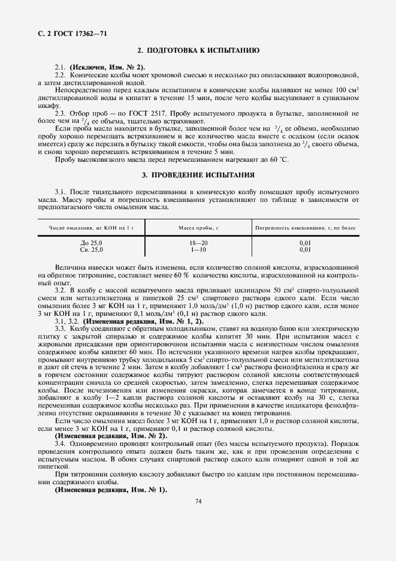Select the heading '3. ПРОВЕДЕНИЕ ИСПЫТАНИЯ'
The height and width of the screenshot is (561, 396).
(x=198, y=175)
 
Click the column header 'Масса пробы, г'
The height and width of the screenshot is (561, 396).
(x=198, y=228)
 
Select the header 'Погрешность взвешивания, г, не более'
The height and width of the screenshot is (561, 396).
(x=306, y=228)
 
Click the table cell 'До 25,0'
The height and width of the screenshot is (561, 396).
(x=91, y=242)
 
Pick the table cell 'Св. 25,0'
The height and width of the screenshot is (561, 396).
(x=91, y=249)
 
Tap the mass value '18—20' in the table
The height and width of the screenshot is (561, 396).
(x=198, y=242)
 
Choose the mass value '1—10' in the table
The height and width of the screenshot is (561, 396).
(x=198, y=249)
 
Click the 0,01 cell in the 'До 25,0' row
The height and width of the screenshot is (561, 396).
(x=305, y=242)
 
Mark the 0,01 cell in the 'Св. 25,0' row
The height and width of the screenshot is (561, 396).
(x=305, y=249)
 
